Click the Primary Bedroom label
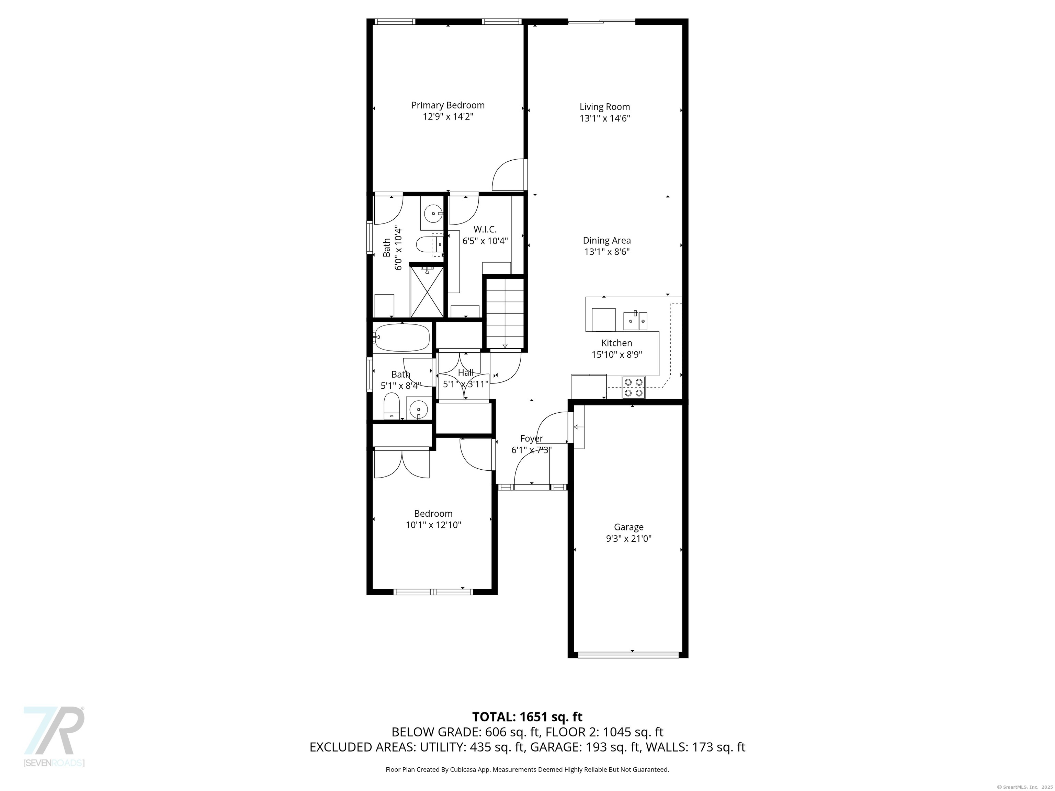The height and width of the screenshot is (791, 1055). point(448,105)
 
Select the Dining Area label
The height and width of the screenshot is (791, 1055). point(607,241)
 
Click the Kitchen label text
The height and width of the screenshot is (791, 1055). point(617,343)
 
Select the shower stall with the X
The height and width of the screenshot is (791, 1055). point(427,291)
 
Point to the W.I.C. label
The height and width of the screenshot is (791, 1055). point(485,230)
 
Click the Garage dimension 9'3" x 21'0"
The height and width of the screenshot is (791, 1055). point(628,539)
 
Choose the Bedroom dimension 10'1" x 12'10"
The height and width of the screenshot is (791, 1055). point(433,525)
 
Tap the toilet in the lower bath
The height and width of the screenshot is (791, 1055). point(392,406)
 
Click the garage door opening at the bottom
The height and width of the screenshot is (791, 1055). point(628,655)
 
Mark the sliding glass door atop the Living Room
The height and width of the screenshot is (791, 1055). point(601,21)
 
